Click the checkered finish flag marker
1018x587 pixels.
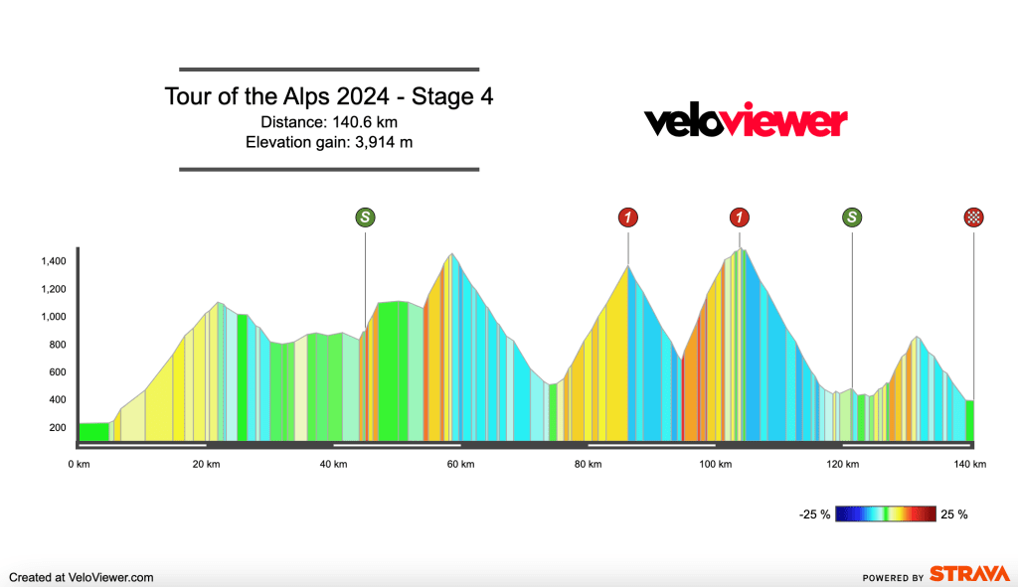pyautogui.click(x=973, y=219)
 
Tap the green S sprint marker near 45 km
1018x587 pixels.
pyautogui.click(x=366, y=219)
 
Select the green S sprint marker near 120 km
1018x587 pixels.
pyautogui.click(x=852, y=219)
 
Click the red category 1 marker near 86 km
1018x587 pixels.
pyautogui.click(x=628, y=219)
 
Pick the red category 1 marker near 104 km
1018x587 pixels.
pyautogui.click(x=739, y=219)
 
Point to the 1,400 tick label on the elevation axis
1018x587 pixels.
pyautogui.click(x=53, y=261)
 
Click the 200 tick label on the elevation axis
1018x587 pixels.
pyautogui.click(x=58, y=428)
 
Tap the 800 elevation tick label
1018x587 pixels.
pyautogui.click(x=58, y=345)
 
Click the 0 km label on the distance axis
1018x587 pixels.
pyautogui.click(x=80, y=465)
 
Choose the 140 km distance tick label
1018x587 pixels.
pyautogui.click(x=970, y=465)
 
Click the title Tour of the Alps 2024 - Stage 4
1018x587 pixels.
pyautogui.click(x=329, y=97)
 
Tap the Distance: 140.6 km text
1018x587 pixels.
pyautogui.click(x=329, y=122)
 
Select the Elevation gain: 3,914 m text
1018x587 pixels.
pyautogui.click(x=329, y=142)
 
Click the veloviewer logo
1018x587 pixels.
pyautogui.click(x=746, y=122)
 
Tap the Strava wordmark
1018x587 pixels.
pyautogui.click(x=968, y=575)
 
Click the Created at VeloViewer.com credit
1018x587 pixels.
pyautogui.click(x=82, y=576)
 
